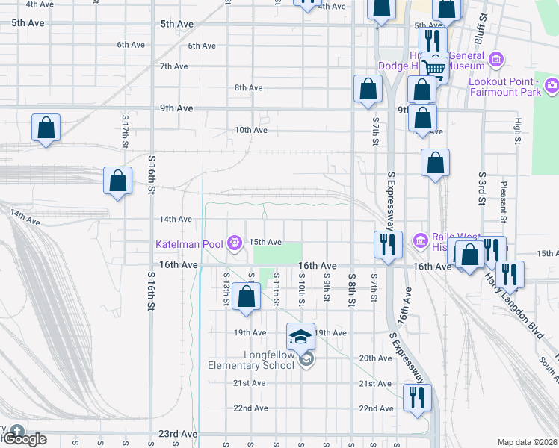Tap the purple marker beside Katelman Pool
235,242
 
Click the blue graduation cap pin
300,337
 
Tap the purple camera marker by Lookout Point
552,86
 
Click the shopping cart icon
433,68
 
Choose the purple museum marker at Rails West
419,240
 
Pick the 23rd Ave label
177,434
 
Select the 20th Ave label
375,358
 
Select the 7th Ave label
173,66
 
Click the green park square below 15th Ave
277,254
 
